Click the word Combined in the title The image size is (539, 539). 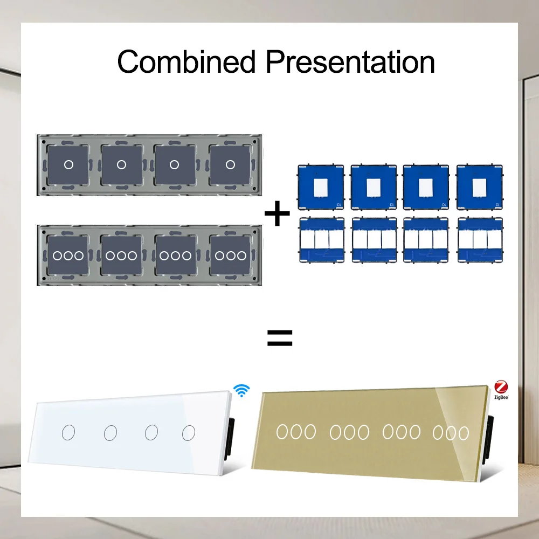(x=186, y=62)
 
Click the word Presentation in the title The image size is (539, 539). (x=350, y=62)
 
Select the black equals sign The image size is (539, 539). (x=280, y=338)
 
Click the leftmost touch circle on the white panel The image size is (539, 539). (x=68, y=432)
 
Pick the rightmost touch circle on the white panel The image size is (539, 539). (x=189, y=432)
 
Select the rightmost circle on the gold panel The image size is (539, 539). (x=464, y=433)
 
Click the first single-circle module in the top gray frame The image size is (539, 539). (x=68, y=164)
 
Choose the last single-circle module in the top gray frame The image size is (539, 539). (x=231, y=164)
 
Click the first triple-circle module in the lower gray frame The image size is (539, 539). (x=68, y=255)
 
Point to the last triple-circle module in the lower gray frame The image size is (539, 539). (x=231, y=255)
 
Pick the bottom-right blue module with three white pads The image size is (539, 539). (x=477, y=239)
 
